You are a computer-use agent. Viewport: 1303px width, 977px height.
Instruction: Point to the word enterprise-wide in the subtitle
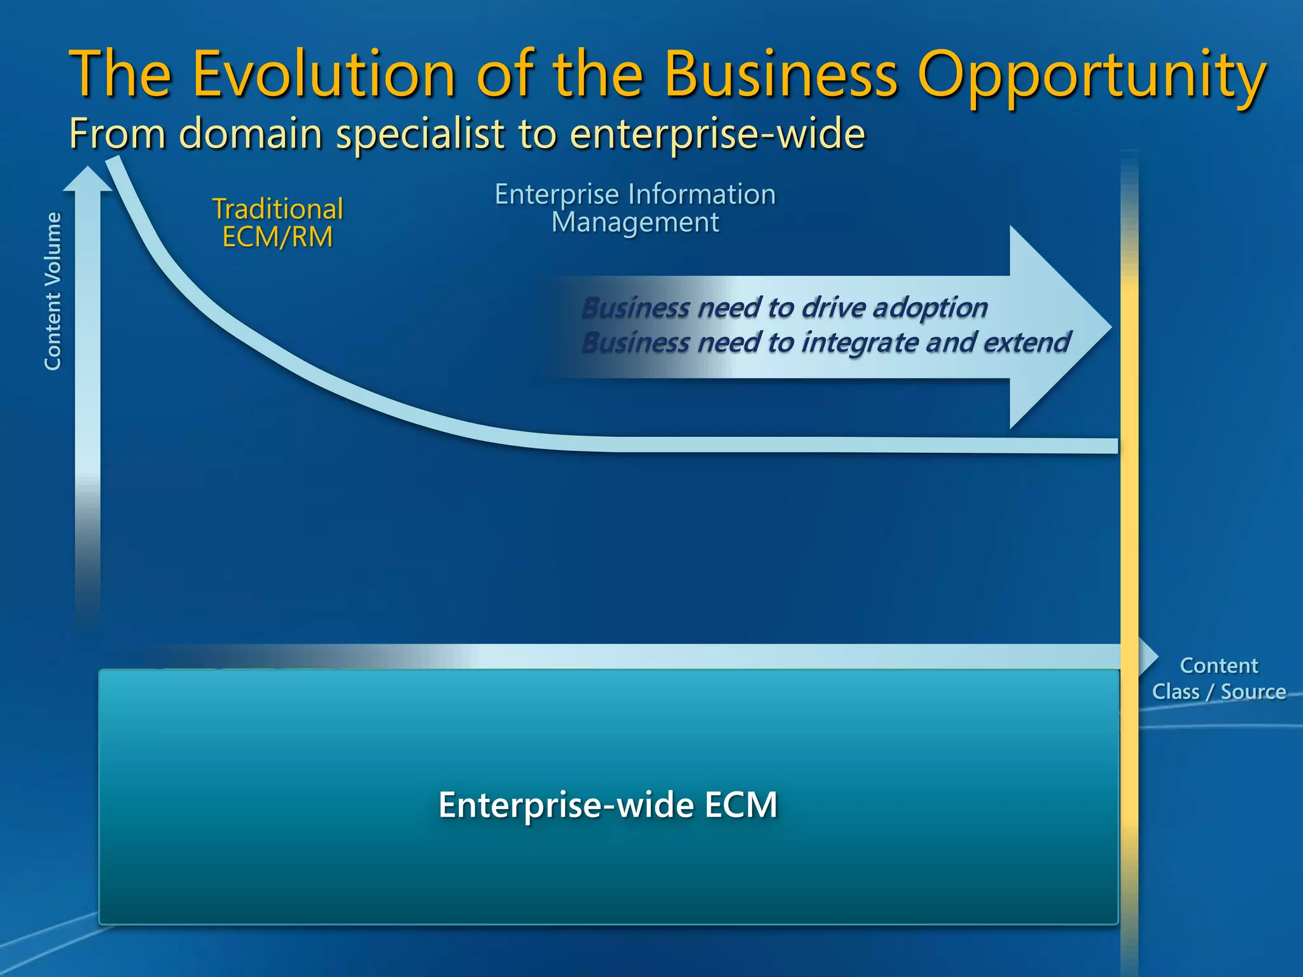[x=717, y=135]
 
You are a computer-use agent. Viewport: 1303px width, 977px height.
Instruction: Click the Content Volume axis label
[x=53, y=291]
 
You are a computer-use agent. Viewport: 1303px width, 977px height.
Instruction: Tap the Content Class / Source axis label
[x=1218, y=679]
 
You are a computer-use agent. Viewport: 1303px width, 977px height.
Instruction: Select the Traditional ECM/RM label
[x=277, y=223]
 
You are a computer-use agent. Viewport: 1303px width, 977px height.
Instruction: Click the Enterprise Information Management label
[x=635, y=208]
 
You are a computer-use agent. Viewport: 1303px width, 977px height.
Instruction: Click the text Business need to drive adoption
[x=784, y=308]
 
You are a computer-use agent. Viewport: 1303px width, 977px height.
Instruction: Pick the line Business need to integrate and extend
[x=825, y=343]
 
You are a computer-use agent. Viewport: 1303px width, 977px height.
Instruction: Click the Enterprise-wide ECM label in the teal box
[x=608, y=805]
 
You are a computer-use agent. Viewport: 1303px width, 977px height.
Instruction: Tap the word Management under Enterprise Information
[x=635, y=223]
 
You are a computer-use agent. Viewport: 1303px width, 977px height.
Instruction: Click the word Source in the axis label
[x=1253, y=691]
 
